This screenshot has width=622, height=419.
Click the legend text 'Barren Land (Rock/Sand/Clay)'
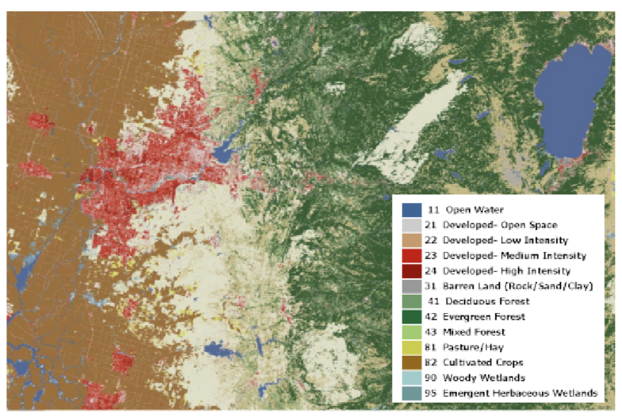[x=516, y=286]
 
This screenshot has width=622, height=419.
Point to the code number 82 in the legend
[x=431, y=363]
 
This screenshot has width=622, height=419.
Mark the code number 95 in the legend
[x=431, y=393]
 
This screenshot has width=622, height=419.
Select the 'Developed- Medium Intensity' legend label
[x=514, y=256]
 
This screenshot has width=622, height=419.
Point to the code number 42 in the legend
[x=431, y=317]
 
